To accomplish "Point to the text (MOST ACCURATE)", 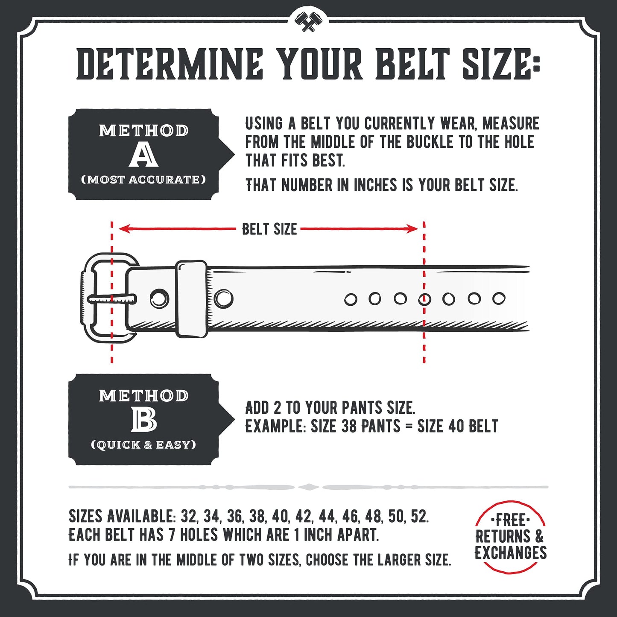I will click(x=143, y=179).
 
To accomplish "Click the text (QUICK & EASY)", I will click(x=143, y=445).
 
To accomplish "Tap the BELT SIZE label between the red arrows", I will click(x=269, y=229).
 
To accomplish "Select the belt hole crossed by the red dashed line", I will click(x=424, y=299).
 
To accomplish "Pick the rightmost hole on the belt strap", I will click(x=499, y=298).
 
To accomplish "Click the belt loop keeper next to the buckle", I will click(x=192, y=298).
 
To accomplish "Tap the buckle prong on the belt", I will click(x=112, y=299).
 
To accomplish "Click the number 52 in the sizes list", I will click(x=418, y=517).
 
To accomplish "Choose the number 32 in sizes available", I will click(x=189, y=517).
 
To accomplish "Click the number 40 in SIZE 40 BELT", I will click(x=456, y=426).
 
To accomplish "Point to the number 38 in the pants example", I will click(x=349, y=426).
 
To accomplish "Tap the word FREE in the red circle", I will click(x=510, y=521).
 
